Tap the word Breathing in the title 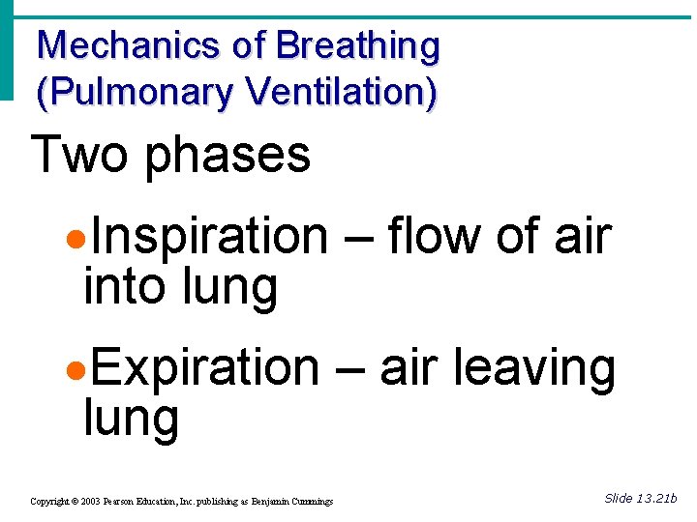click(357, 46)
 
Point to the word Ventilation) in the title click(342, 92)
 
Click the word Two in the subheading click(79, 155)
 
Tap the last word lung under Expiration click(132, 420)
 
